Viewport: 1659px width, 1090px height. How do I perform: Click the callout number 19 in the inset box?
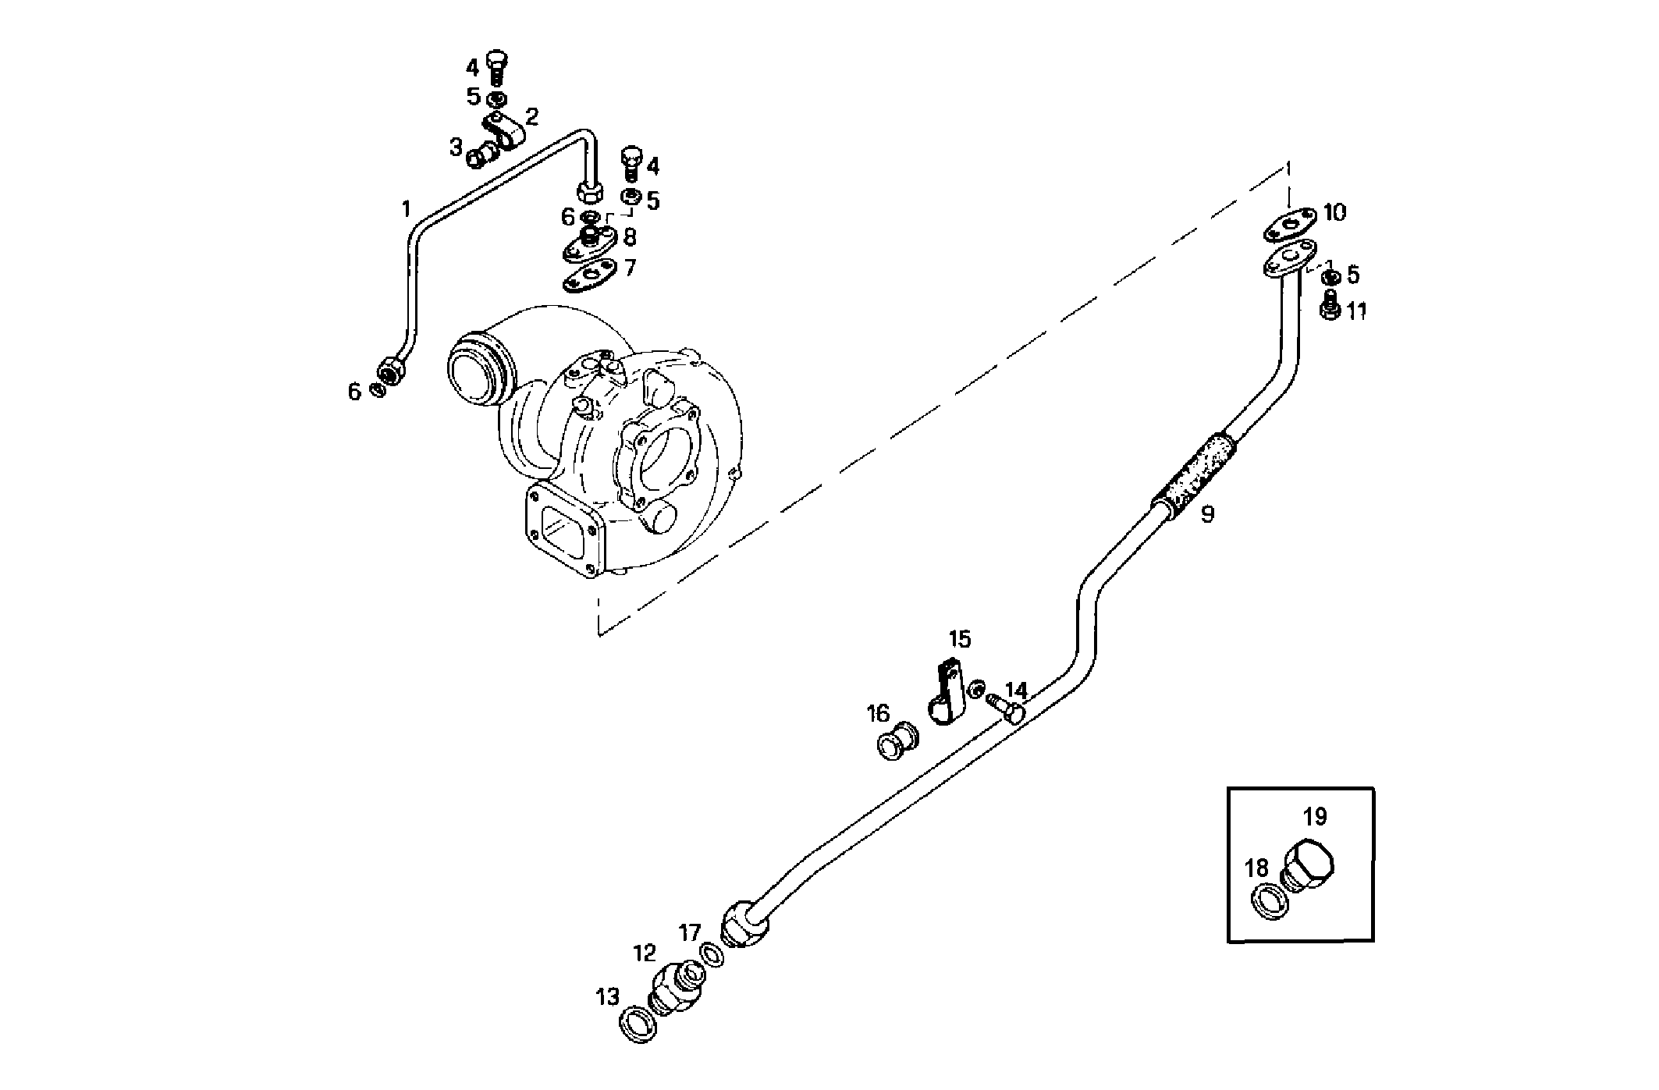1315,817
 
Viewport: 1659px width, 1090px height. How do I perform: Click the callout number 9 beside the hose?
1207,514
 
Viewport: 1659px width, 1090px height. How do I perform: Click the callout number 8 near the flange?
630,236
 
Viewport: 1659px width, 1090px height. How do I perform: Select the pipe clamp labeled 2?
504,136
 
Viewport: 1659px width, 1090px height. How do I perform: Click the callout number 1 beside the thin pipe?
405,208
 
